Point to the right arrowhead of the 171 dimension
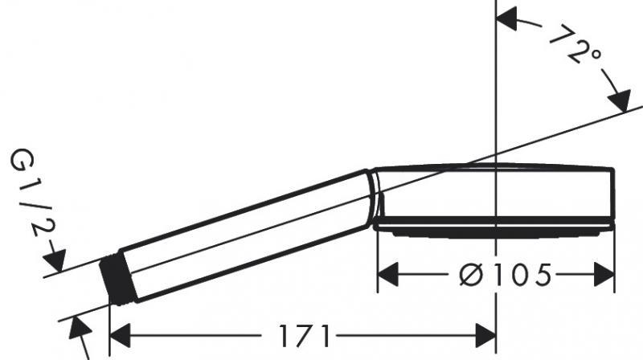[x=486, y=335]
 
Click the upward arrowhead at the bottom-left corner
[x=78, y=326]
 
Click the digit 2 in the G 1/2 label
[x=33, y=226]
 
